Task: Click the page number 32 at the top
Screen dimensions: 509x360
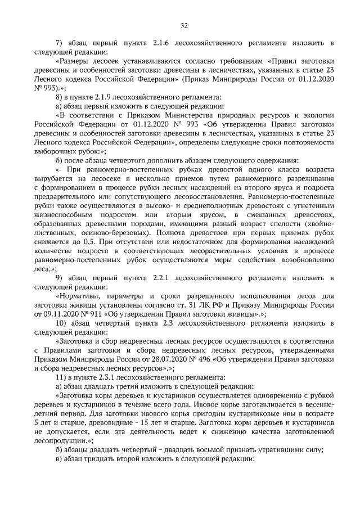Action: coord(184,25)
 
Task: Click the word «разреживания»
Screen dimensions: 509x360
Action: coord(309,178)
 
